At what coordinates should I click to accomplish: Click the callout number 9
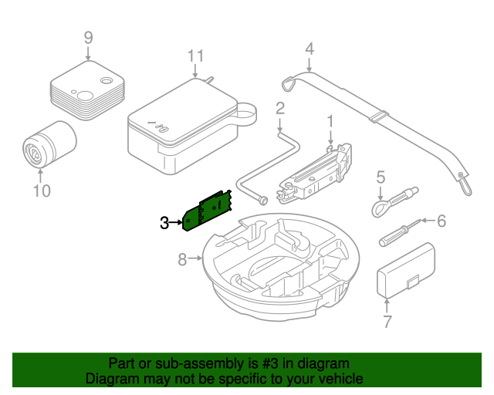88,36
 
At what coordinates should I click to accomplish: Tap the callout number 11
196,56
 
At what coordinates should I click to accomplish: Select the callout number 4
310,49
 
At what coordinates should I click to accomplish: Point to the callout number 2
280,107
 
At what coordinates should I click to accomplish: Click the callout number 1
330,121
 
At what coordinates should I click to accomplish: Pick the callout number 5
381,178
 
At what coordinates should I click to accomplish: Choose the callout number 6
442,222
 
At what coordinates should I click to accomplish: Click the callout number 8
183,260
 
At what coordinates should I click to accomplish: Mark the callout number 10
41,190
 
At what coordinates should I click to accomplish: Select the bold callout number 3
164,224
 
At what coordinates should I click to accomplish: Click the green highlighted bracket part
206,211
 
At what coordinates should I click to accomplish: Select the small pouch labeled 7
405,271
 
